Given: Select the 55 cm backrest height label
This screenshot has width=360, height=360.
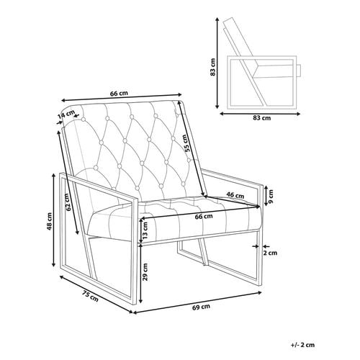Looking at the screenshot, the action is pyautogui.click(x=188, y=143).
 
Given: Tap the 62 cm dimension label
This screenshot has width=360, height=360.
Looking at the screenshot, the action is pyautogui.click(x=68, y=202).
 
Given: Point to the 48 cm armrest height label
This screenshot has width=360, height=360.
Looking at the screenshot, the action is pyautogui.click(x=50, y=221).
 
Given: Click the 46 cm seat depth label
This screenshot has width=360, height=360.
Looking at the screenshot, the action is pyautogui.click(x=235, y=195).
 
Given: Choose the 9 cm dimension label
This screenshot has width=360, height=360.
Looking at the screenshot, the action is pyautogui.click(x=271, y=197).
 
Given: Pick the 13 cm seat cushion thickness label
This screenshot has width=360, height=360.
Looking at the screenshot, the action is pyautogui.click(x=145, y=230).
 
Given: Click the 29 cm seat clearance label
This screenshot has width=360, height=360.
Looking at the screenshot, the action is pyautogui.click(x=145, y=272).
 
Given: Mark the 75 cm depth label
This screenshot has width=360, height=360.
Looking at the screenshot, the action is pyautogui.click(x=90, y=296).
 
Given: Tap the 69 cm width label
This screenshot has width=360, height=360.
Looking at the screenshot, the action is pyautogui.click(x=201, y=307).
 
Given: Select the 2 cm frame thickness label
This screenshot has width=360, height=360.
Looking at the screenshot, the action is pyautogui.click(x=271, y=253).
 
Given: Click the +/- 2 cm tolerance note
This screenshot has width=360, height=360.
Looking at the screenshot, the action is pyautogui.click(x=302, y=345).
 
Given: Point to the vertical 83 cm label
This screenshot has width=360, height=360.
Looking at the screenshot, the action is pyautogui.click(x=213, y=67).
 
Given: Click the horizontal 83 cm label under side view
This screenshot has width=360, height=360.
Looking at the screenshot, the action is pyautogui.click(x=262, y=118).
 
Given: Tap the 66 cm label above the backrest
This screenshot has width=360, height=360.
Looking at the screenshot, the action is pyautogui.click(x=119, y=94).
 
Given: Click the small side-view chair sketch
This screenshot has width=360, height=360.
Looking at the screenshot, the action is pyautogui.click(x=262, y=63).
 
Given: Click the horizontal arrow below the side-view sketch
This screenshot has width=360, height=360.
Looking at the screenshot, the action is pyautogui.click(x=260, y=114).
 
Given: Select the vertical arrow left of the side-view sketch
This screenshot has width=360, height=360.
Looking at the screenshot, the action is pyautogui.click(x=217, y=63).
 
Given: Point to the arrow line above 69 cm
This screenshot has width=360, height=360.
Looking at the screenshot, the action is pyautogui.click(x=197, y=302).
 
